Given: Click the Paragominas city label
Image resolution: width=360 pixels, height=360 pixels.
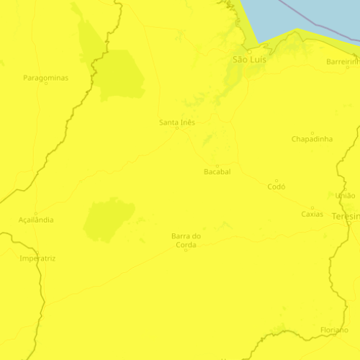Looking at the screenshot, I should tap(45, 77).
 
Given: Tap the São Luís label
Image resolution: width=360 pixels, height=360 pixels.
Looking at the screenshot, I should tap(249, 60).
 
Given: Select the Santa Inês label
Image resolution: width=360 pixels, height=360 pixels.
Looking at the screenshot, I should tap(177, 122).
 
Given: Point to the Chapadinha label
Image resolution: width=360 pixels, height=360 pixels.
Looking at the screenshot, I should tap(312, 139).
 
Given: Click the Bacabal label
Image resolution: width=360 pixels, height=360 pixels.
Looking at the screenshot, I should tap(217, 173).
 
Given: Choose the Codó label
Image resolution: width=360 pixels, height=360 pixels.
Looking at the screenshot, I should tap(276, 186).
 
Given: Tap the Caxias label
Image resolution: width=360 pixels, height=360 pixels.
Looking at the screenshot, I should tap(312, 214).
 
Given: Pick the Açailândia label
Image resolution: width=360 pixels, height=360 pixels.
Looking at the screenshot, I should tap(35, 220).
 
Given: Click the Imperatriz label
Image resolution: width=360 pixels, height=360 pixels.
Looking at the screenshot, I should tap(38, 258).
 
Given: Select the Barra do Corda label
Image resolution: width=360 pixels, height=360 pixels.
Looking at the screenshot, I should tap(186, 240).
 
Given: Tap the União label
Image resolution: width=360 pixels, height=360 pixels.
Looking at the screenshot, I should tap(346, 195).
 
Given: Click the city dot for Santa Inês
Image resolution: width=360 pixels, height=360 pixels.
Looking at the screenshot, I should tap(177, 129).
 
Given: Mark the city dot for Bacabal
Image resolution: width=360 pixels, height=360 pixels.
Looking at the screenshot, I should tap(217, 166).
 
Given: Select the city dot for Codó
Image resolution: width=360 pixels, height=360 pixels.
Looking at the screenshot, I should tap(276, 180).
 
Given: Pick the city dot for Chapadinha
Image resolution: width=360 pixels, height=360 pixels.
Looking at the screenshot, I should tap(312, 132).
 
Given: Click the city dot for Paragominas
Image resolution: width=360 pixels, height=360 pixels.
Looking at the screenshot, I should tap(45, 84).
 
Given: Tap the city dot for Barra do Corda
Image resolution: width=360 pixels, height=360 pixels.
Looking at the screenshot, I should tap(186, 250).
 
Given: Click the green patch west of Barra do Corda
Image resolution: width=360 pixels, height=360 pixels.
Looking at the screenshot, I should tap(108, 220).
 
